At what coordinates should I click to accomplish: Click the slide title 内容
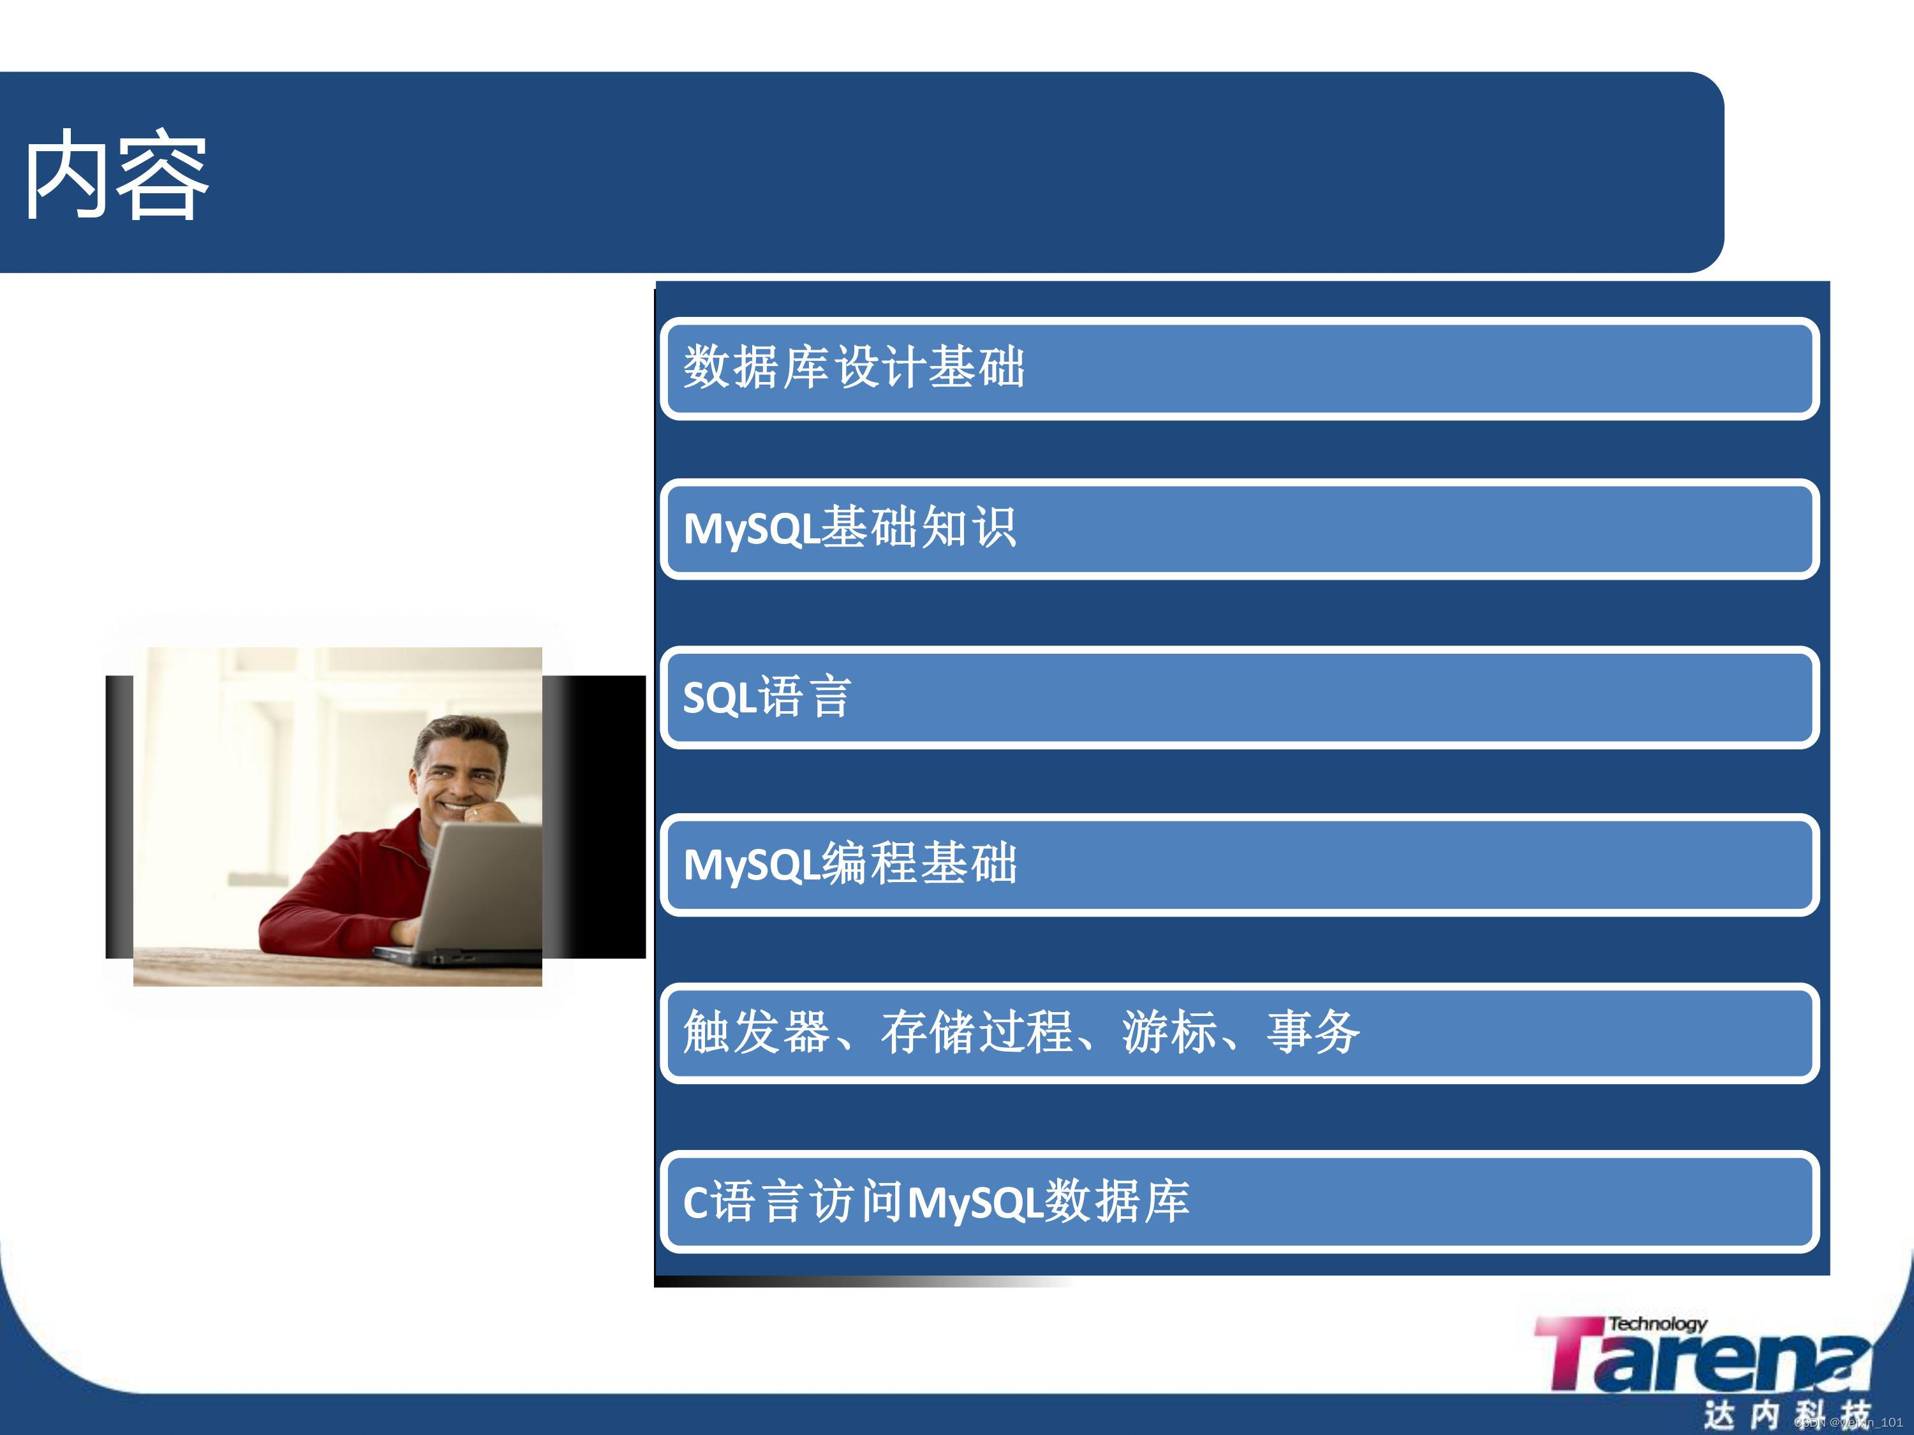pos(116,175)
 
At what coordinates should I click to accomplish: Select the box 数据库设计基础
pos(1239,369)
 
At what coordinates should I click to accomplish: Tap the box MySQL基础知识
pos(1239,529)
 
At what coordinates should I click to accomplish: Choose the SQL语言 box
pos(1239,697)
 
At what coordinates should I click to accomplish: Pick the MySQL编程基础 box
pos(1239,865)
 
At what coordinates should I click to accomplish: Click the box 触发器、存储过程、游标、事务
pos(1239,1033)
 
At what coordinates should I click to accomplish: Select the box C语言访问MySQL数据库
pos(1239,1202)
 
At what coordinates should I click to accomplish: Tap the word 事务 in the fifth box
pos(1314,1033)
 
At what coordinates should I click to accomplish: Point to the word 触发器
pos(756,1033)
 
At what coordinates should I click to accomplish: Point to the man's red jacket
pos(346,891)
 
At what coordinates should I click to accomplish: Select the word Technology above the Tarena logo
pos(1657,1323)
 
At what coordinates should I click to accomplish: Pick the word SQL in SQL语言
pos(720,698)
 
